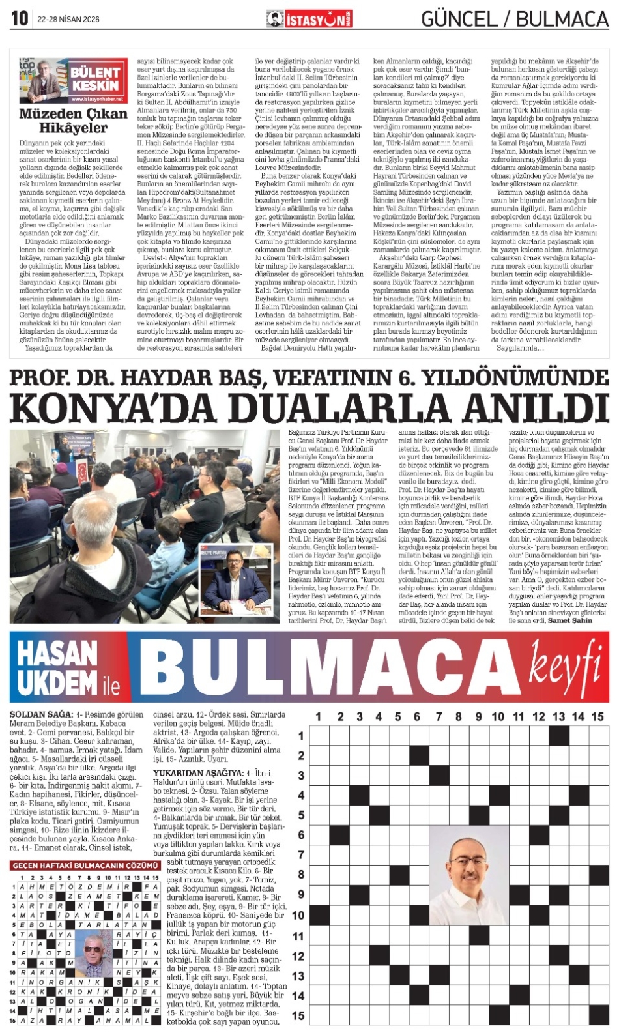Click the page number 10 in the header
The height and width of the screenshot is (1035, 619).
tap(20, 18)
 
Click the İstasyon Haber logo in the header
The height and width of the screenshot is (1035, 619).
tap(309, 20)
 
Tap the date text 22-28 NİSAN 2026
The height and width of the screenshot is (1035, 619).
tap(68, 20)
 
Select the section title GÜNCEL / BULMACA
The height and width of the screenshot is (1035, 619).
tap(515, 20)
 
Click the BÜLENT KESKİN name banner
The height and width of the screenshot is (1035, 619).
tap(95, 79)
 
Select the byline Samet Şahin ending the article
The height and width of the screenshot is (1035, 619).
tap(570, 620)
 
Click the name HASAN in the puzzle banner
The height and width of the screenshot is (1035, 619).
tap(57, 652)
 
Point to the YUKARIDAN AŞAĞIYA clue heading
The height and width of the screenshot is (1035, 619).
tap(189, 773)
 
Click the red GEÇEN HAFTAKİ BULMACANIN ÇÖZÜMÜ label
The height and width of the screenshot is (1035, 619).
tap(85, 865)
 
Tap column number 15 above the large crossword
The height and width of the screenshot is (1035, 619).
tap(597, 716)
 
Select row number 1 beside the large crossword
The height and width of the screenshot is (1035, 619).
tap(300, 736)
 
